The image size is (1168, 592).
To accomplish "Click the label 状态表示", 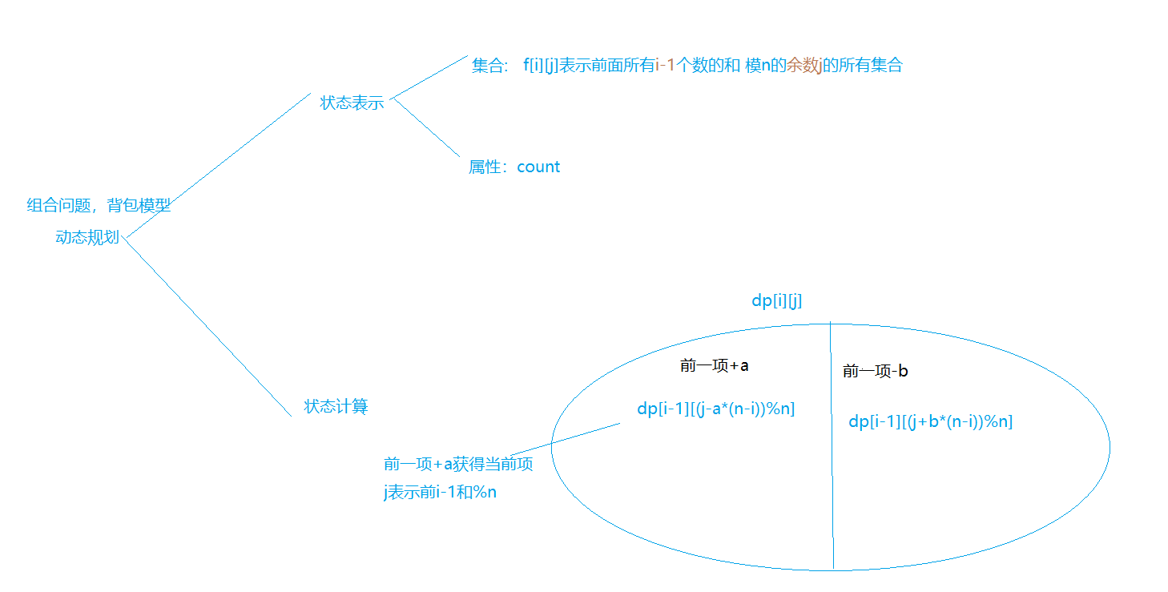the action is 352,103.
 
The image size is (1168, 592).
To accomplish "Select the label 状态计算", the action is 336,406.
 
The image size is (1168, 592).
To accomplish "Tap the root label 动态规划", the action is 87,237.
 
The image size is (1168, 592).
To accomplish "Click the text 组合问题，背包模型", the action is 99,205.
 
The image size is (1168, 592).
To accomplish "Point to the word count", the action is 538,167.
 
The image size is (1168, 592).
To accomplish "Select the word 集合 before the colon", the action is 486,66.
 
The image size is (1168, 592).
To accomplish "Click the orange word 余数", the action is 801,66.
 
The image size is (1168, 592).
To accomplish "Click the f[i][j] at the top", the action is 540,66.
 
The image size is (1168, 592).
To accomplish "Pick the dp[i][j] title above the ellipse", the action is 776,301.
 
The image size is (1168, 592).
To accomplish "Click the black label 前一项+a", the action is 714,366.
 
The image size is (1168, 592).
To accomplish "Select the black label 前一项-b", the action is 875,371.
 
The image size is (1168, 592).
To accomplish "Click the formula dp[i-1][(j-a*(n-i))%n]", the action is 715,409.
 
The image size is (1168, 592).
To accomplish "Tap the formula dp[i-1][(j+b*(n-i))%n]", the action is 930,421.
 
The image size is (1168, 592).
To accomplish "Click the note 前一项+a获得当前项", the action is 458,464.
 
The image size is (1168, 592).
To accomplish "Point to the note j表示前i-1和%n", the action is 440,492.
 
